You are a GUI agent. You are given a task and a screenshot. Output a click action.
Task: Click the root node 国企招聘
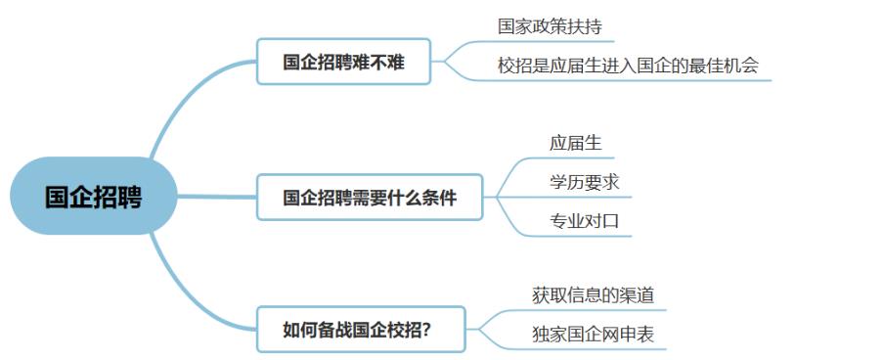[93, 197]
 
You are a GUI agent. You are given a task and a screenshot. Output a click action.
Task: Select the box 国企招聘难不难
[343, 62]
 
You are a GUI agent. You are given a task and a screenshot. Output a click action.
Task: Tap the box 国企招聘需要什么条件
[370, 198]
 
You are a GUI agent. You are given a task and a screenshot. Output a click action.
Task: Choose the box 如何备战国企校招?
[361, 329]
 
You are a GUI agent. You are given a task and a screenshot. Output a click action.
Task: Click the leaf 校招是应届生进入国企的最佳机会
[627, 66]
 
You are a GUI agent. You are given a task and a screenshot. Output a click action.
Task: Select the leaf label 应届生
[575, 143]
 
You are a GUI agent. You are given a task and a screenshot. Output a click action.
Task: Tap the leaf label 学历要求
[584, 182]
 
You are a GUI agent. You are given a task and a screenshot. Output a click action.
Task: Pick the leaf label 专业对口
[584, 220]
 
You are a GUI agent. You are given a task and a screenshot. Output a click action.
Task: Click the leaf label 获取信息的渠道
[593, 294]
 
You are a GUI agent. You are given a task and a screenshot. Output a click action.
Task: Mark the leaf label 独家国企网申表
[593, 335]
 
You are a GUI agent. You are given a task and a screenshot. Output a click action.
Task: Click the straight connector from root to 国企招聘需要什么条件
[215, 197]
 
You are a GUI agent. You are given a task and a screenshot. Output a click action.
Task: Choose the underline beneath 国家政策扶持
[548, 42]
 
